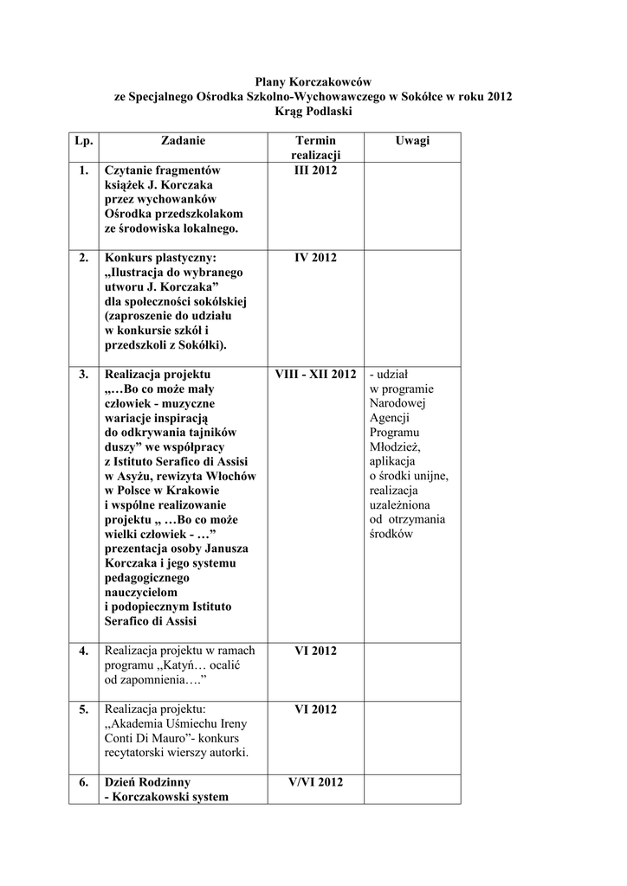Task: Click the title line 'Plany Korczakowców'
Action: (x=313, y=80)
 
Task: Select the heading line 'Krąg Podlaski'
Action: (x=313, y=112)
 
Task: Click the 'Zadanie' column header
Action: (x=184, y=140)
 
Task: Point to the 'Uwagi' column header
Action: (x=412, y=140)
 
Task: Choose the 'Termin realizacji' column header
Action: (x=315, y=147)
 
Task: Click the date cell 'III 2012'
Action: (x=315, y=170)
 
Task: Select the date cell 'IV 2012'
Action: (x=315, y=258)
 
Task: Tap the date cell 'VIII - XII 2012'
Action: (x=315, y=375)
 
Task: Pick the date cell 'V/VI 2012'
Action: (x=315, y=782)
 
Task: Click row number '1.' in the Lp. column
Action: (x=83, y=170)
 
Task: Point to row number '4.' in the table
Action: (x=83, y=651)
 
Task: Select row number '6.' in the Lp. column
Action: (x=83, y=782)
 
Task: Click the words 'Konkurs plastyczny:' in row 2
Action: (x=160, y=258)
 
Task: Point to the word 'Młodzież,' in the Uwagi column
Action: (x=394, y=447)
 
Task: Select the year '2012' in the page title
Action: (x=500, y=96)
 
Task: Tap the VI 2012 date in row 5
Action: (x=315, y=709)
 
